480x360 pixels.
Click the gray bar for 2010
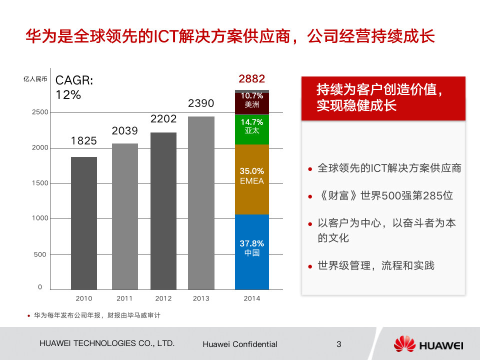point(84,223)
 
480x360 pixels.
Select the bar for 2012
point(163,211)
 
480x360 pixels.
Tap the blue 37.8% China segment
point(252,252)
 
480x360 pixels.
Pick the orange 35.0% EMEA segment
point(252,179)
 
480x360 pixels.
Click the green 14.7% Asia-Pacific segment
point(252,129)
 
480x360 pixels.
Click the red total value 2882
point(252,78)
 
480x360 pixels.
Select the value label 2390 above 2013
point(201,103)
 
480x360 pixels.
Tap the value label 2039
point(124,130)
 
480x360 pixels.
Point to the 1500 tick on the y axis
point(40,183)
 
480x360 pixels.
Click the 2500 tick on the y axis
point(40,112)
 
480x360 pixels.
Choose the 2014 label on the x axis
point(251,298)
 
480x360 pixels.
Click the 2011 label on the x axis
point(124,298)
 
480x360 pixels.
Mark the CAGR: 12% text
point(74,87)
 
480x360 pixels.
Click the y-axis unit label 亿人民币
point(35,78)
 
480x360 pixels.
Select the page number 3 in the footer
point(339,344)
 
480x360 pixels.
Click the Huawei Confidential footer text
point(240,344)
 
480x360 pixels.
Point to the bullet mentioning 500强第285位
point(385,195)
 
